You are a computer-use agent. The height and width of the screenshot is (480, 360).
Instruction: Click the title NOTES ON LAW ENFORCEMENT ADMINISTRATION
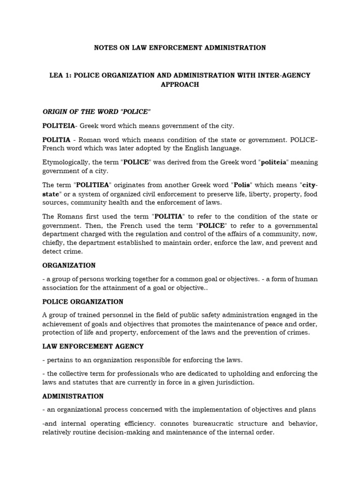click(x=180, y=48)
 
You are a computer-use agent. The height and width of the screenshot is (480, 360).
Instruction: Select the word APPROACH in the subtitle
click(x=180, y=85)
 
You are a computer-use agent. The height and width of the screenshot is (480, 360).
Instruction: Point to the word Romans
click(x=71, y=217)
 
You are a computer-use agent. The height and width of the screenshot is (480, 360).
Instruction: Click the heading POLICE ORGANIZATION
click(x=83, y=302)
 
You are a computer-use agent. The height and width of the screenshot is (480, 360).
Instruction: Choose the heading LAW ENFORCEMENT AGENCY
click(x=93, y=346)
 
